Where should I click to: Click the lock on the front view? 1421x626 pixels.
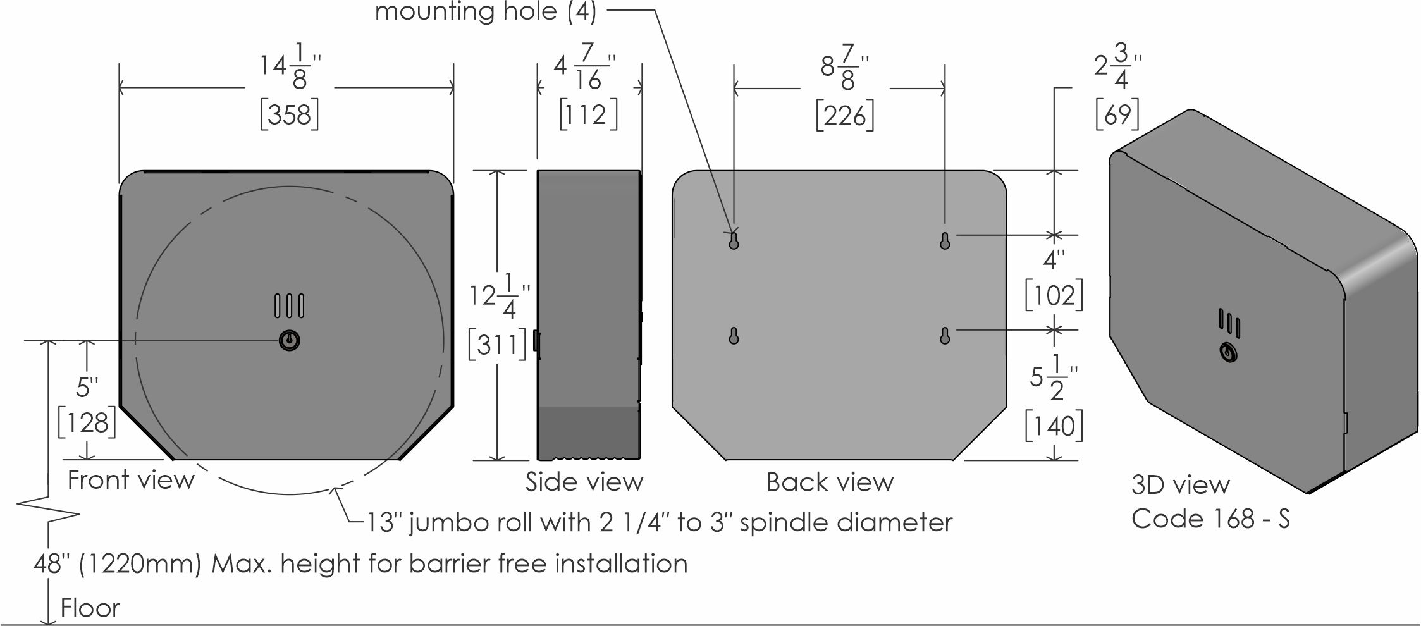click(x=289, y=341)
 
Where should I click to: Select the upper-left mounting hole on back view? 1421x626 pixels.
click(x=734, y=241)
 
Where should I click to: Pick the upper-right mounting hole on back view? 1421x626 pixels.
click(x=945, y=241)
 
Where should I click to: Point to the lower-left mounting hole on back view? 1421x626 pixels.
click(x=734, y=336)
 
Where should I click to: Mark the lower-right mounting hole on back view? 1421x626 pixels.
click(x=945, y=336)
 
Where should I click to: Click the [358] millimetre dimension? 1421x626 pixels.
click(x=290, y=115)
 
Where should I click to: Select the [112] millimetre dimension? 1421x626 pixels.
click(x=588, y=115)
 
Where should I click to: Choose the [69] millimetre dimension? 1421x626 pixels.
click(x=1117, y=114)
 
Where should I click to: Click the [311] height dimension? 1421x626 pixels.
click(x=497, y=345)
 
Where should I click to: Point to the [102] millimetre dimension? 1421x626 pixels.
click(x=1054, y=295)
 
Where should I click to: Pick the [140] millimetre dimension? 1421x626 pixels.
click(x=1054, y=426)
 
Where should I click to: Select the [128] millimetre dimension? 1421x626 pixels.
click(x=87, y=422)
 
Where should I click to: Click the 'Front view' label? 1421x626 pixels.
click(x=131, y=480)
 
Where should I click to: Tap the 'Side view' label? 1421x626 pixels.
click(x=584, y=482)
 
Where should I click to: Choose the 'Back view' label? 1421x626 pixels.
click(x=830, y=482)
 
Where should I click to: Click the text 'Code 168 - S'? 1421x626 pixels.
click(x=1210, y=519)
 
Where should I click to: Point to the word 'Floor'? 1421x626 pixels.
click(x=90, y=608)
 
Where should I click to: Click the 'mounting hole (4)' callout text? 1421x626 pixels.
click(x=486, y=12)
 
